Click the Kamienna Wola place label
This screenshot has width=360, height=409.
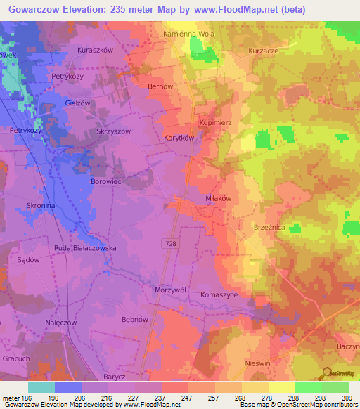click(x=188, y=34)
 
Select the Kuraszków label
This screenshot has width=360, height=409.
click(x=96, y=51)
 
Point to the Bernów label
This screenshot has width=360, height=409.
click(x=160, y=86)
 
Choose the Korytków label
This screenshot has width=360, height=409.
click(x=179, y=138)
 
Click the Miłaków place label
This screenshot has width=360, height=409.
click(x=219, y=199)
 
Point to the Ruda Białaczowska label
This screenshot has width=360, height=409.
click(x=85, y=248)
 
